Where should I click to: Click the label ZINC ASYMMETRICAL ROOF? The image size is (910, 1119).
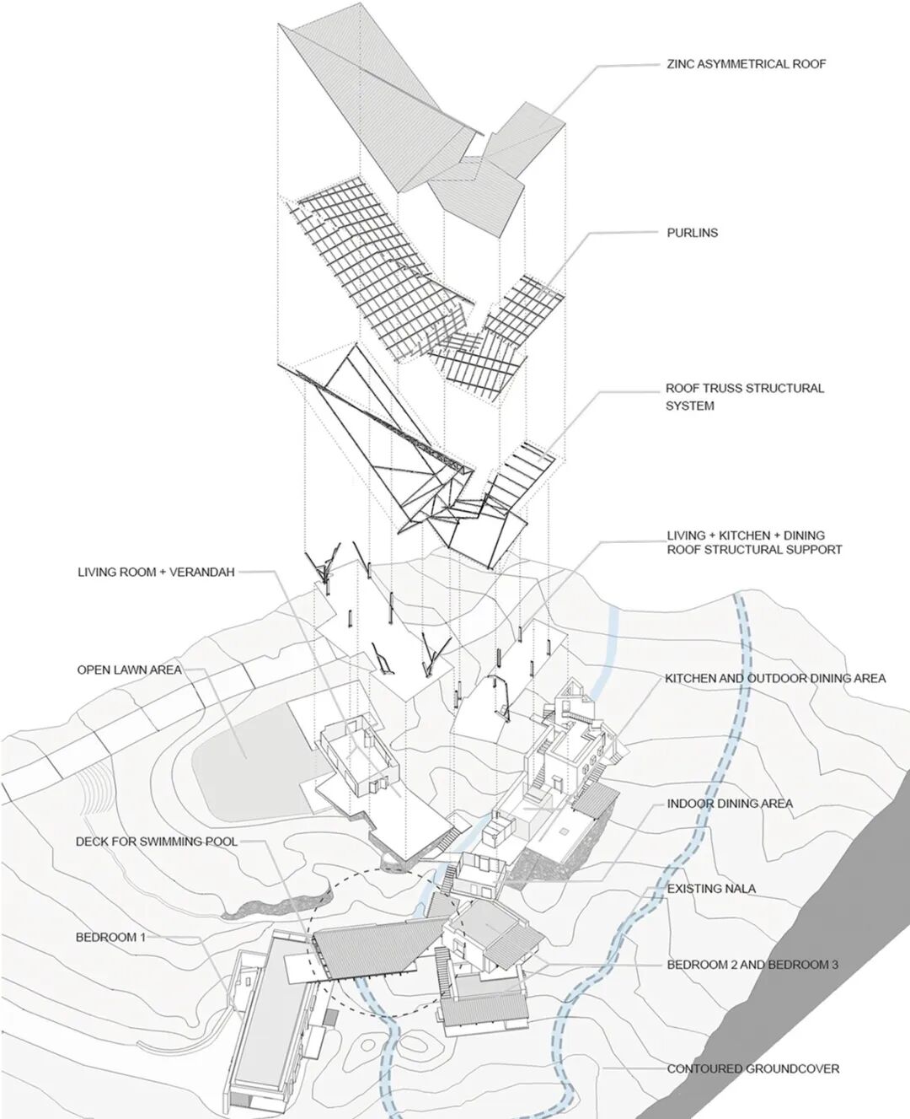click(746, 64)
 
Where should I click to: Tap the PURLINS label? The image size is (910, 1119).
click(692, 233)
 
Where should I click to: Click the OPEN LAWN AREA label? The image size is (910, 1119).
click(129, 670)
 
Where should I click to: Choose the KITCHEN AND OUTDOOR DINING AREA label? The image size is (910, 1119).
click(774, 678)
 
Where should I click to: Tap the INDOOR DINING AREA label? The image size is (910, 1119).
click(729, 804)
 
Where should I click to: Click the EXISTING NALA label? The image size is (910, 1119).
click(711, 889)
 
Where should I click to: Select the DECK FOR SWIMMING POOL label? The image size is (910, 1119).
click(156, 842)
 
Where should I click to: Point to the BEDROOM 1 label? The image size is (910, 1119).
click(110, 937)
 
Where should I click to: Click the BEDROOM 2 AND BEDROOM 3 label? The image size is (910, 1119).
click(752, 965)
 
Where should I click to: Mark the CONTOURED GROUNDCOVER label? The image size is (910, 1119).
click(752, 1069)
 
